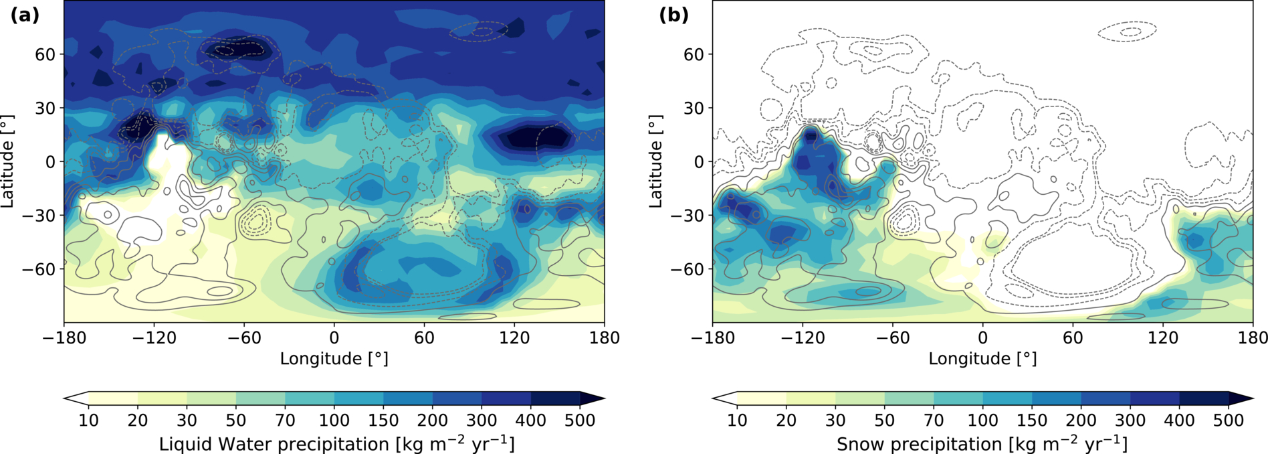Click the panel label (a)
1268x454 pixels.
coord(25,15)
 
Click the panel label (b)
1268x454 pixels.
coord(674,15)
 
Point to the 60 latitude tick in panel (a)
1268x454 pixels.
coord(45,54)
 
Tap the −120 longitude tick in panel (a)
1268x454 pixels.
coord(154,337)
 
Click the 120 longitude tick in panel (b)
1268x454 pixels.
coord(1163,337)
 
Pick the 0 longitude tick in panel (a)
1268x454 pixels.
coord(334,337)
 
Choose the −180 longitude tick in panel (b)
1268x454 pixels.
coord(712,337)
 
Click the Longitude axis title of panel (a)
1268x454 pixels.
coord(334,359)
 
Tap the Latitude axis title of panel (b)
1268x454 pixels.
coord(656,161)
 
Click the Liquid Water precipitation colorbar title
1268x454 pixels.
coord(336,444)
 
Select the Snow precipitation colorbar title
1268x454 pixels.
coord(982,444)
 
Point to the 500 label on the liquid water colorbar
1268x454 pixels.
coord(580,421)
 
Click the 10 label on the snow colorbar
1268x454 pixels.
coord(737,421)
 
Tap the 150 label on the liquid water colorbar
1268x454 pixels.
coord(383,421)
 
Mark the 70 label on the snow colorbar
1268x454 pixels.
coord(934,421)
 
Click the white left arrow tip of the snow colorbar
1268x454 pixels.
coord(713,398)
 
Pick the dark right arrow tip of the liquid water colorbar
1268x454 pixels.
coord(604,398)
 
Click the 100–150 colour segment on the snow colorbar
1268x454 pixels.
coord(1007,398)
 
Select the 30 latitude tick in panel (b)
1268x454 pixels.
coord(694,108)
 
